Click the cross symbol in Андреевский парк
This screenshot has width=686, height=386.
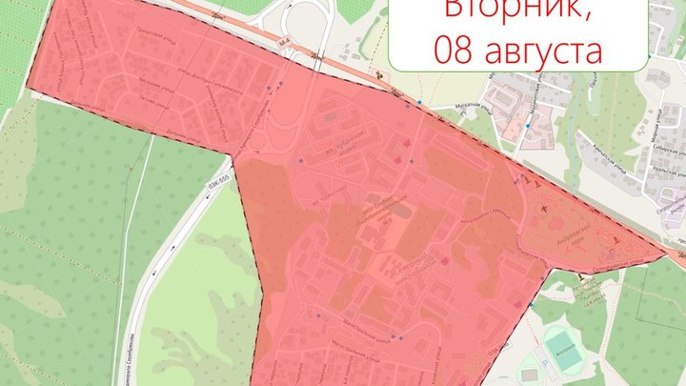(545, 207)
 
